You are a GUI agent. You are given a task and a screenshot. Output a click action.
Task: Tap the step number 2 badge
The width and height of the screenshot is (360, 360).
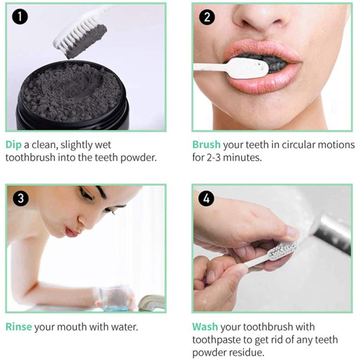(x=207, y=18)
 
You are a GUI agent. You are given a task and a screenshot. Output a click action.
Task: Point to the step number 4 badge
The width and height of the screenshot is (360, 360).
(x=207, y=198)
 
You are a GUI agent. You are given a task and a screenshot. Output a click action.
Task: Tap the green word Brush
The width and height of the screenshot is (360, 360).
(x=206, y=145)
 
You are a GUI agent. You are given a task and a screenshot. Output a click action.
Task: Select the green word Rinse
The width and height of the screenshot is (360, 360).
(x=18, y=327)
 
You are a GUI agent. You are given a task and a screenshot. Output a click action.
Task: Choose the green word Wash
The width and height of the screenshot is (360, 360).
(x=205, y=327)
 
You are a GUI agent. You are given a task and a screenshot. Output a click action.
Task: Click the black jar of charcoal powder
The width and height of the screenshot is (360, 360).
(x=72, y=99)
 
